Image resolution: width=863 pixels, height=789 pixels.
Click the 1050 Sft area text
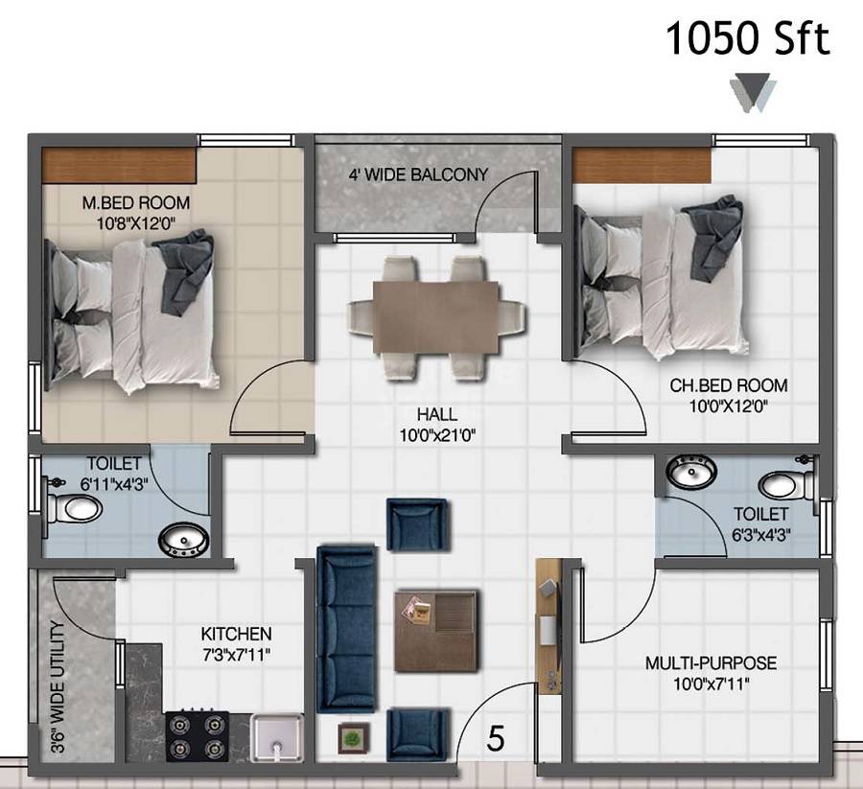[x=747, y=40]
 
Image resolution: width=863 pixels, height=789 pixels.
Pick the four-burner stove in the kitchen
[x=196, y=736]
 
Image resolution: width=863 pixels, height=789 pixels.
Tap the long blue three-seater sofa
[x=346, y=629]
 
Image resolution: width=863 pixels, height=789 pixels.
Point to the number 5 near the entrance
[x=496, y=739]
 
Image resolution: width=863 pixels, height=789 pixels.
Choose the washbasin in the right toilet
[x=693, y=473]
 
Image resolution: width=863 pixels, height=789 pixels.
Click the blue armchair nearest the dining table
[x=417, y=524]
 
